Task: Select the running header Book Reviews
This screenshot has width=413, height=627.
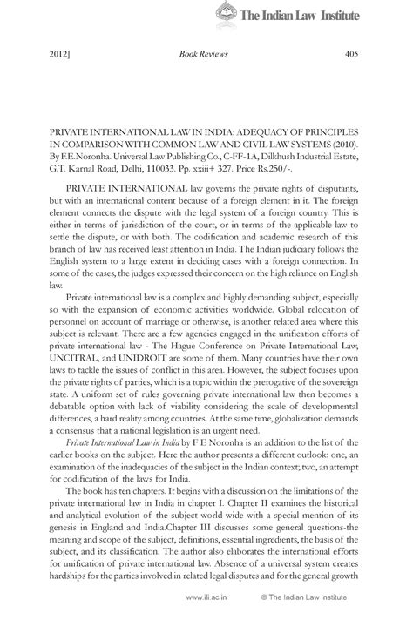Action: [203, 54]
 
